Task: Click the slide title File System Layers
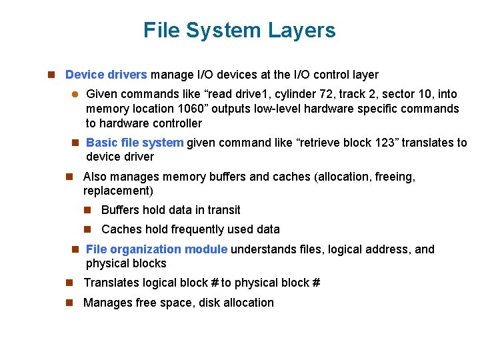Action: click(x=239, y=30)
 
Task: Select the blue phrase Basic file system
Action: click(x=135, y=142)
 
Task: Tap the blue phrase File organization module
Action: click(x=157, y=249)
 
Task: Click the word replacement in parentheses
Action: click(x=118, y=191)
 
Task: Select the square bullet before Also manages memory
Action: click(x=69, y=177)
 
